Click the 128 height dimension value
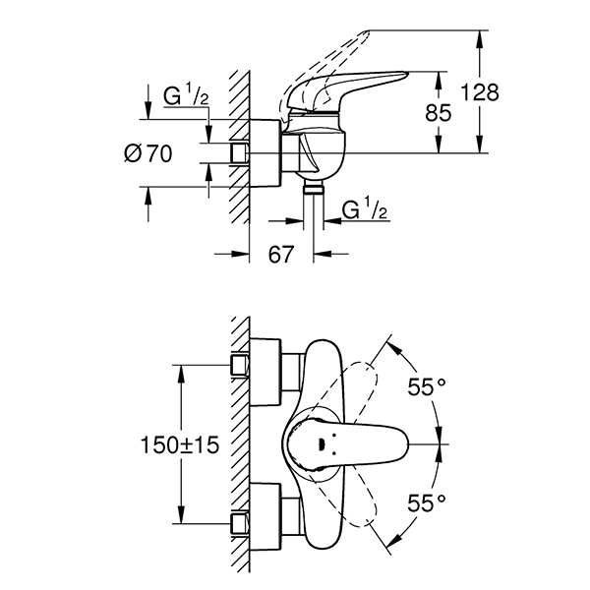480,92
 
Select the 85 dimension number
438,112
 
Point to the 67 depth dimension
281,255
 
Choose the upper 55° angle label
427,387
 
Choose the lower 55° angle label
427,502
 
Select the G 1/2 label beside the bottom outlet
364,209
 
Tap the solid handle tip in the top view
388,444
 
